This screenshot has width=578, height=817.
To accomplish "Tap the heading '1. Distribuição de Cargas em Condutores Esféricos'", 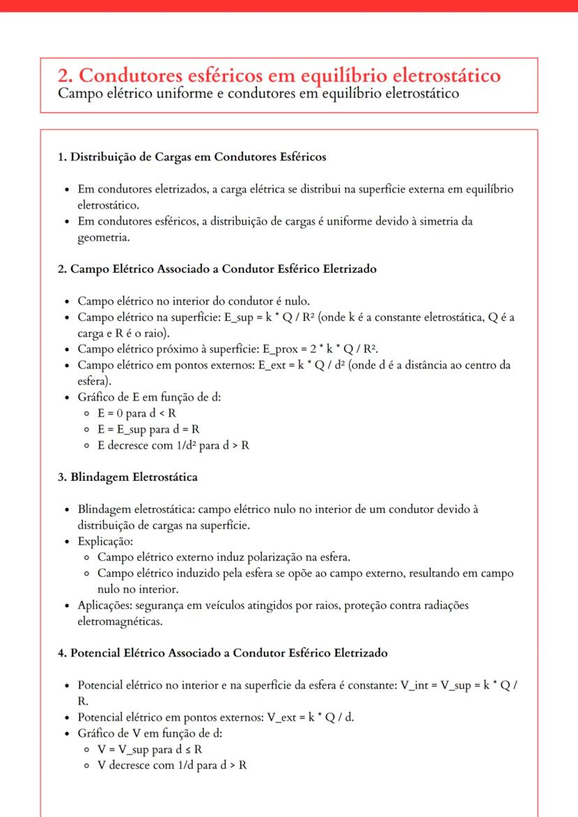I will [x=192, y=157].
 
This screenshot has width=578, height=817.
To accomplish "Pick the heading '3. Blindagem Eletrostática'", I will [x=128, y=477].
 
